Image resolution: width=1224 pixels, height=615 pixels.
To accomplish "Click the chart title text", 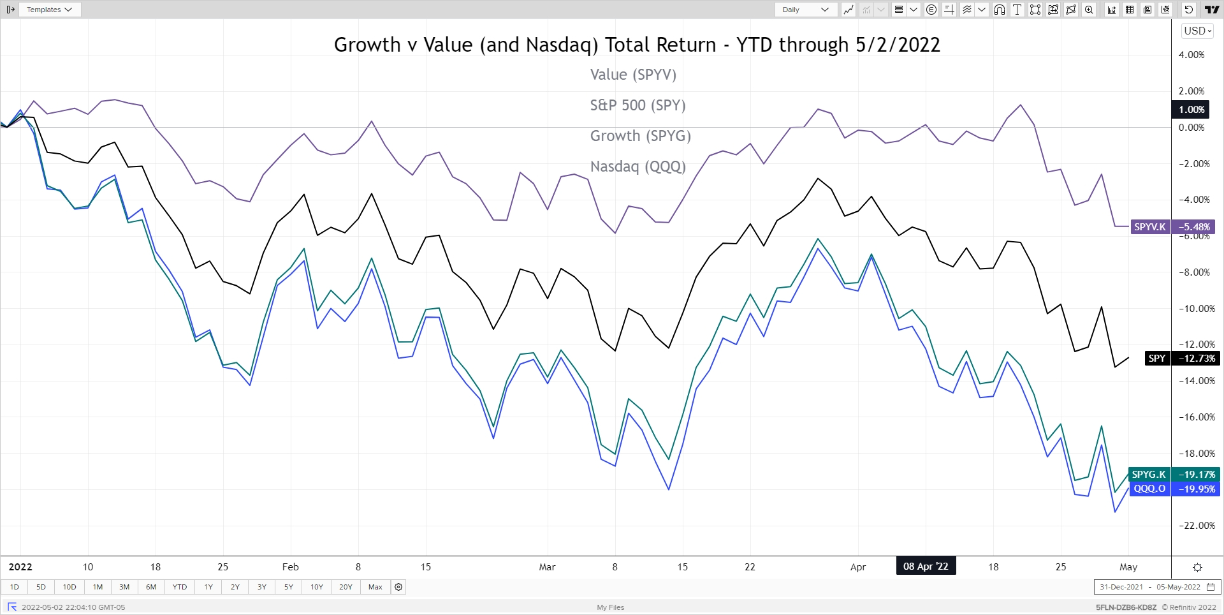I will pos(637,45).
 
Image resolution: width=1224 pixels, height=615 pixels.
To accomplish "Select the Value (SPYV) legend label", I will pos(633,75).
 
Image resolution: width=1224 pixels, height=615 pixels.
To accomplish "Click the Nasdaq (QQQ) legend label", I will pos(637,167).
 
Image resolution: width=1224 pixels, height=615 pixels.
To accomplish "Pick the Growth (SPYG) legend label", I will pos(640,136).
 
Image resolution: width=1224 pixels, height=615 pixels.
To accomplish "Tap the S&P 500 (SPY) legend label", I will pos(637,105).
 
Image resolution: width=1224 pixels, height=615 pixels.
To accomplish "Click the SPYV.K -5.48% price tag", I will pos(1172,227).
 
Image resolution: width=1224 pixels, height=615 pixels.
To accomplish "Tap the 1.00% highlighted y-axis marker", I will pos(1191,110).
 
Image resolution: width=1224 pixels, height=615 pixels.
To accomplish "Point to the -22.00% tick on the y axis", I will pos(1197,526).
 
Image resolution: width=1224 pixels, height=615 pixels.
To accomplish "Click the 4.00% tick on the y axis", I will pos(1191,55).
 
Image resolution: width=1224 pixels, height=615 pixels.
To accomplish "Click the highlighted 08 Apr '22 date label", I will pos(926,567).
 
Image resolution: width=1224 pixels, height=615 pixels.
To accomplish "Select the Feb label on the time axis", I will pos(291,567).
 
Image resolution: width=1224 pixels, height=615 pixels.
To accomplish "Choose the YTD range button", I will pos(180,587).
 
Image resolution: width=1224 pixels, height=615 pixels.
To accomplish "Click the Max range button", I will pos(375,587).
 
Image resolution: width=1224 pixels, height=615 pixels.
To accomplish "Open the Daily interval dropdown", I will pos(805,10).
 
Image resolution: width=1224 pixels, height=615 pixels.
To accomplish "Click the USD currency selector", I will pos(1197,31).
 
